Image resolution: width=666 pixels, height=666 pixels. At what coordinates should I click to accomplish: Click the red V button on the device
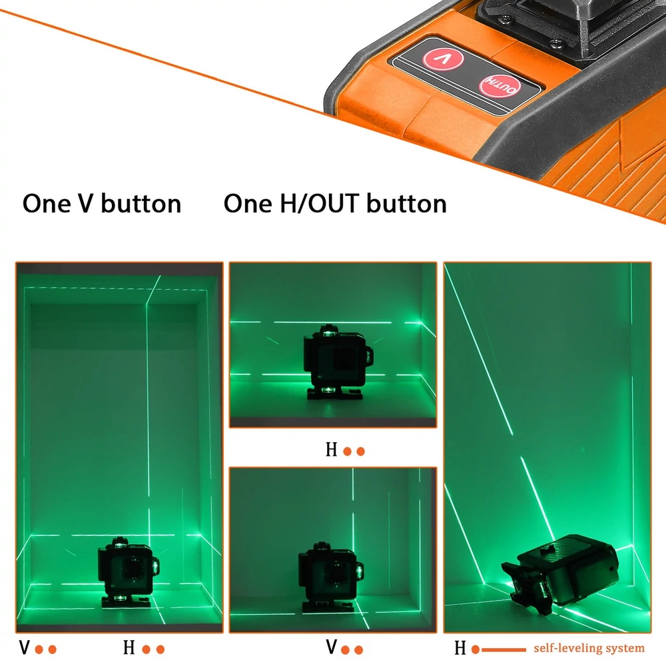click(443, 59)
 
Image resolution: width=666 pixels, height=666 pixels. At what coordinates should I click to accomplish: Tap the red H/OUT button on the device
click(499, 86)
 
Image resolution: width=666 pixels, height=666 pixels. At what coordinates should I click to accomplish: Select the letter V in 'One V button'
click(85, 203)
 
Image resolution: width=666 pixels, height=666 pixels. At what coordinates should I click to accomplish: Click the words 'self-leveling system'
click(589, 648)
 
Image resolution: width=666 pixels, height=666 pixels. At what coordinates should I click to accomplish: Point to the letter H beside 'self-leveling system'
click(460, 648)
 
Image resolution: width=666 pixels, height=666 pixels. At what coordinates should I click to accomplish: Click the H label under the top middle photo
click(331, 450)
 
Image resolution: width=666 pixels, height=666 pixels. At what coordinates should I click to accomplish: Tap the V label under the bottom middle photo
click(332, 647)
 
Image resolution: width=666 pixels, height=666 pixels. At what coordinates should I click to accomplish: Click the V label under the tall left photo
click(25, 648)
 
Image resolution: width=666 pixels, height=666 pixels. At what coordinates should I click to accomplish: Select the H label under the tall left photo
click(129, 648)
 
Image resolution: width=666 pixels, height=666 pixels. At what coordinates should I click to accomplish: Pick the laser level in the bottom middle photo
click(330, 576)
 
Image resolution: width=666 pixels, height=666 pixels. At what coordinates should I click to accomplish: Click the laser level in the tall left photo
click(128, 571)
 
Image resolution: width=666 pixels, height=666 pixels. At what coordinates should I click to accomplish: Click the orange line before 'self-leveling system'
click(503, 649)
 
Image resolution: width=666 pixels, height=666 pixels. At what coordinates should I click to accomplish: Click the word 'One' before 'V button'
click(47, 203)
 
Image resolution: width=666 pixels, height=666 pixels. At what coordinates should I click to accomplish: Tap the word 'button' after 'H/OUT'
click(406, 203)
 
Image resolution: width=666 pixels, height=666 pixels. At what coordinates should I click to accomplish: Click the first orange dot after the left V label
click(39, 649)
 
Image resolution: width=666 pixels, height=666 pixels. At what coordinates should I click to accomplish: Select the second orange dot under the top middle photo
click(360, 452)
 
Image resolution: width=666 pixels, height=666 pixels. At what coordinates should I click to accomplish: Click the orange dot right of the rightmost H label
click(476, 649)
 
